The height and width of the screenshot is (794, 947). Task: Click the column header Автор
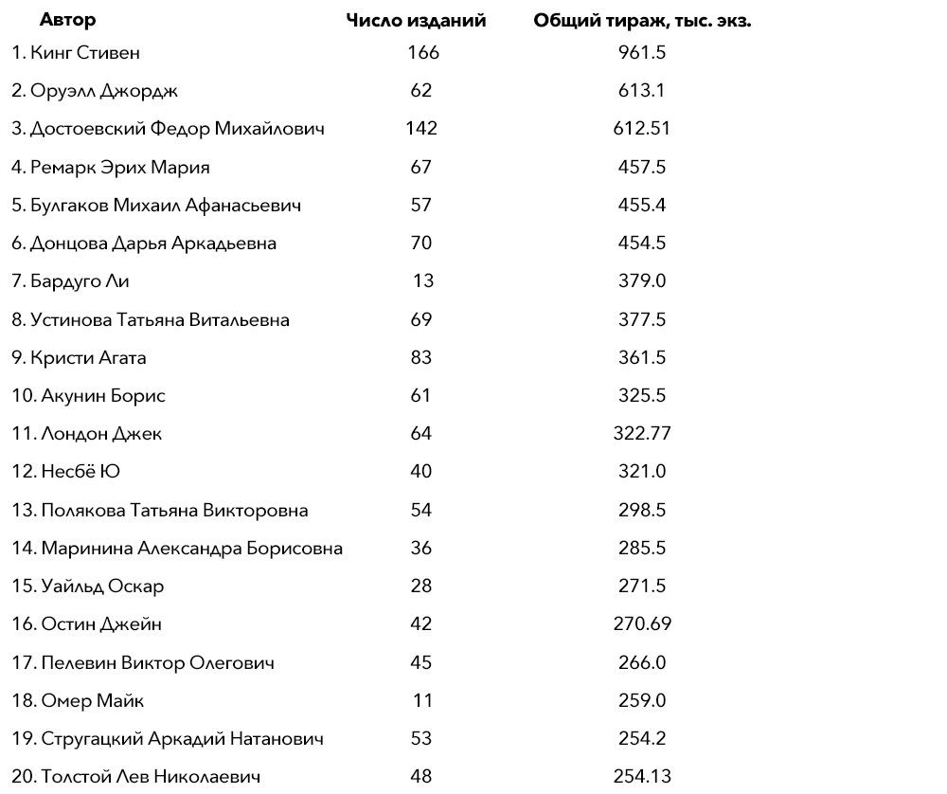coord(67,20)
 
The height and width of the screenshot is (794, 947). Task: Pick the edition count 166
coord(421,52)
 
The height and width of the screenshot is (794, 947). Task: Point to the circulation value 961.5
coord(641,52)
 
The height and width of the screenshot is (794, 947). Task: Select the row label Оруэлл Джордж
coord(104,91)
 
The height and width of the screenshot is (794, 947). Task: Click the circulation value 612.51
coord(641,129)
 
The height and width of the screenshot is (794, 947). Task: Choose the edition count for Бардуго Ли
coord(422,281)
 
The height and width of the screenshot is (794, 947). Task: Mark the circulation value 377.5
coord(641,319)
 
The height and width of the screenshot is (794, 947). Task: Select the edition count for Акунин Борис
coord(421,396)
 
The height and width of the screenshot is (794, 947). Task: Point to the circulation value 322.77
coord(641,434)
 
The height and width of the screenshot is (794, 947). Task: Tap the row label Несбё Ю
coord(80,472)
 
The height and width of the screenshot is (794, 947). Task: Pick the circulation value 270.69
coord(641,624)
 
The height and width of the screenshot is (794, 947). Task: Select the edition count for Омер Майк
coord(422,701)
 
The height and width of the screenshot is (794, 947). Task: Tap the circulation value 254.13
coord(641,777)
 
